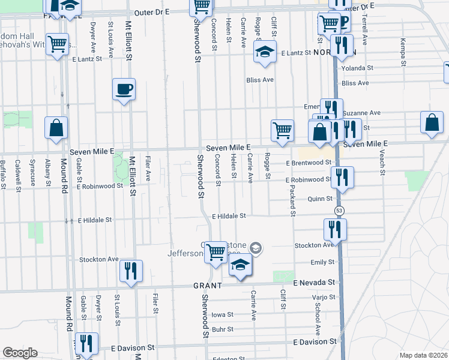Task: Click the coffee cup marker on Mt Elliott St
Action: [x=124, y=90]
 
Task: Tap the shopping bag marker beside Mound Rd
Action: [x=56, y=128]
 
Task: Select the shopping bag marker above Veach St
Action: [x=432, y=123]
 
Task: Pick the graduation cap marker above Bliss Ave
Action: [x=264, y=52]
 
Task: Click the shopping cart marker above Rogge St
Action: [x=282, y=131]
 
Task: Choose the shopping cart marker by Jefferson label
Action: [x=215, y=253]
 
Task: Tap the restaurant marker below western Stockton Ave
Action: [x=130, y=271]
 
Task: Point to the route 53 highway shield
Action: [x=339, y=211]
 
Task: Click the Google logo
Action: [x=20, y=353]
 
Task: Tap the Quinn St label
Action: [x=320, y=199]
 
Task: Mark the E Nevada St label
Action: [x=313, y=282]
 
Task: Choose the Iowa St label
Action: [x=221, y=314]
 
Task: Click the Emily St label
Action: [x=322, y=262]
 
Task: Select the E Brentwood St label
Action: [x=309, y=163]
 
